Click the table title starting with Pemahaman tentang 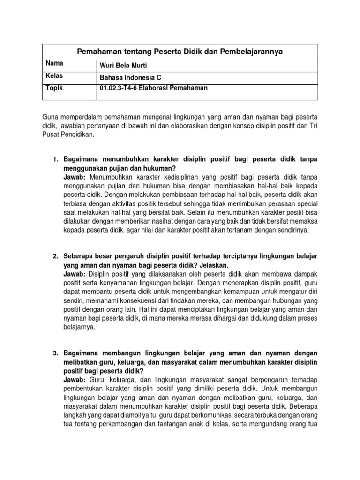(180, 52)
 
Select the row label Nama (54, 63)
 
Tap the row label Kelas (54, 75)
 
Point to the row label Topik (54, 87)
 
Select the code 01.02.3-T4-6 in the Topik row (119, 88)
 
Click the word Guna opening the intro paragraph (51, 116)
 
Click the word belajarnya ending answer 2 (79, 327)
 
